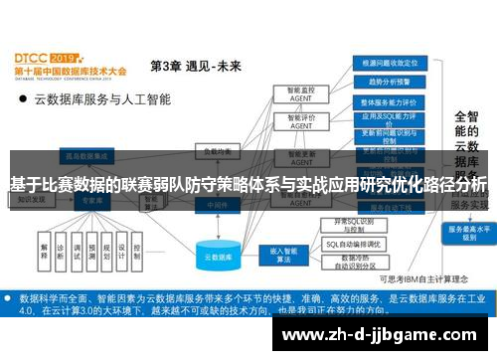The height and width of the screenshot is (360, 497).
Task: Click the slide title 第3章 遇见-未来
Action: tap(195, 67)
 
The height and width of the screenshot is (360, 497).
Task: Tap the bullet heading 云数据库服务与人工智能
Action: tap(102, 99)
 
